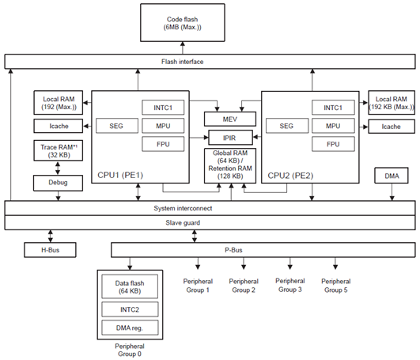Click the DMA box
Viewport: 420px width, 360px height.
pyautogui.click(x=392, y=176)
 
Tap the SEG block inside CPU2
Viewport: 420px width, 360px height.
pyautogui.click(x=286, y=126)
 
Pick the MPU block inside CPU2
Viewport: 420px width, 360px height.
pyautogui.click(x=334, y=126)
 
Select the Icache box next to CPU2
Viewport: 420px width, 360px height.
pyautogui.click(x=391, y=127)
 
